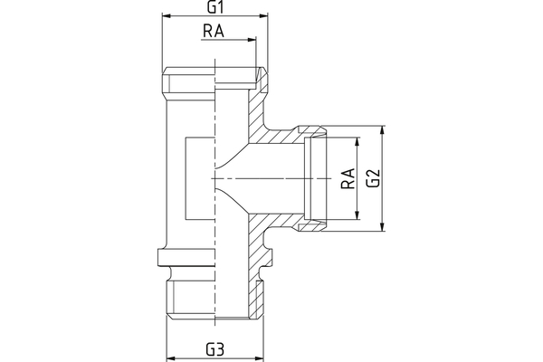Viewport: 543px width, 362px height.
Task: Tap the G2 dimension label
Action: click(371, 178)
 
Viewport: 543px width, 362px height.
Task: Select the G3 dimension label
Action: click(214, 348)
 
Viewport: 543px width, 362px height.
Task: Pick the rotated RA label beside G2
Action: click(347, 178)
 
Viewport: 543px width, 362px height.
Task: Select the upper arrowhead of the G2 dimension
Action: click(384, 129)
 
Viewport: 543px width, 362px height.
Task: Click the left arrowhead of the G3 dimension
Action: click(173, 357)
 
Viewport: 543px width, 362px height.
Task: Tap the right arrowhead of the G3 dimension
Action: click(259, 357)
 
